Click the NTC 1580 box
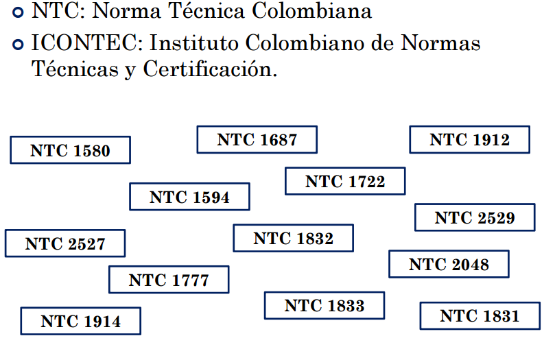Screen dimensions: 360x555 point(70,150)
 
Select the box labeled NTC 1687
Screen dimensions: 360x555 point(257,140)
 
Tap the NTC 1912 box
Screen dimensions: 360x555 point(469,140)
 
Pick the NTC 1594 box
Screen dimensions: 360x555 point(189,197)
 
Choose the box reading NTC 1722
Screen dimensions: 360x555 point(345,182)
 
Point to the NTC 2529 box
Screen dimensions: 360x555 point(475,218)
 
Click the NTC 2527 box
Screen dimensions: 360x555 point(65,243)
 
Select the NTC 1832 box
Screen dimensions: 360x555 point(293,239)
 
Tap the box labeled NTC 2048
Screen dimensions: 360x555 point(449,265)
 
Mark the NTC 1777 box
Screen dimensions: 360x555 point(169,280)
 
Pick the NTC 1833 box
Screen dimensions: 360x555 point(324,306)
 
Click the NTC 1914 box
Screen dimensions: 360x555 point(80,321)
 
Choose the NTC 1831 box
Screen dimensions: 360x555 point(480,316)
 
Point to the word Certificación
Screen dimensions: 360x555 point(210,69)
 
